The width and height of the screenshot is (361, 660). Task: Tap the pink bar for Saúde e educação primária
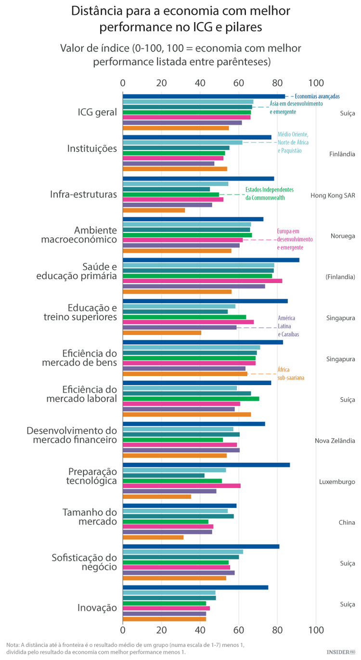pyautogui.click(x=203, y=280)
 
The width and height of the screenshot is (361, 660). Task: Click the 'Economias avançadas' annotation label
pyautogui.click(x=317, y=96)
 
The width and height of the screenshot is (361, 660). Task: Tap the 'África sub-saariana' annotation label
pyautogui.click(x=291, y=374)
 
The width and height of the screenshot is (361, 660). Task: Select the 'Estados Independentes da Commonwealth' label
pyautogui.click(x=269, y=194)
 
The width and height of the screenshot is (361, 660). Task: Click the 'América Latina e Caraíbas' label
pyautogui.click(x=286, y=326)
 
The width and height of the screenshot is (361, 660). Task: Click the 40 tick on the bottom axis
pyautogui.click(x=200, y=629)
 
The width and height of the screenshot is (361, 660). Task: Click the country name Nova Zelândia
pyautogui.click(x=335, y=441)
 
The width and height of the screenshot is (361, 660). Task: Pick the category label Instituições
pyautogui.click(x=92, y=148)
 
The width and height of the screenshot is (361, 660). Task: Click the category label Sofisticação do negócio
pyautogui.click(x=84, y=562)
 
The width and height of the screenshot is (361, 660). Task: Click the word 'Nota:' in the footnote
pyautogui.click(x=13, y=645)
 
